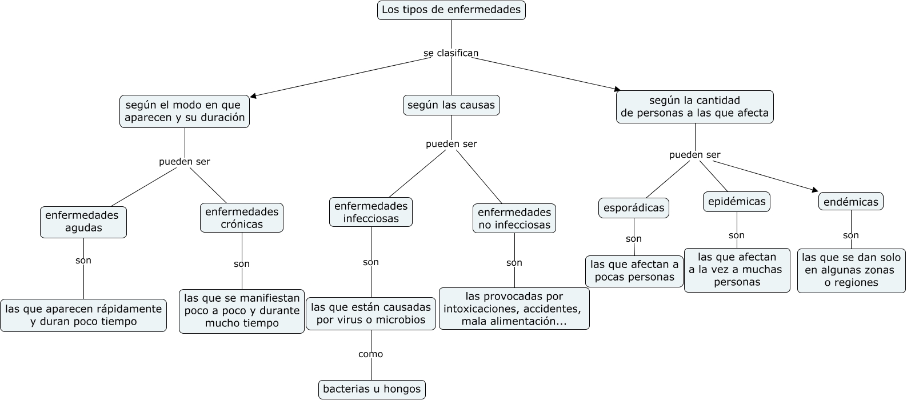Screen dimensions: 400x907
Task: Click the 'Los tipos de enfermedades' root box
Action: pyautogui.click(x=451, y=10)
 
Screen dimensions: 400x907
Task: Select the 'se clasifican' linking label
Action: pyautogui.click(x=451, y=53)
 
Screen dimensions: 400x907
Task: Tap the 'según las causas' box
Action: pyautogui.click(x=451, y=105)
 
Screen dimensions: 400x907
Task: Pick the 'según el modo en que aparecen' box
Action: pyautogui.click(x=185, y=111)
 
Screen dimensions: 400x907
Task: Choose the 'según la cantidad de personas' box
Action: pyautogui.click(x=694, y=107)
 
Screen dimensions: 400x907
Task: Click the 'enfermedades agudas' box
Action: pyautogui.click(x=83, y=222)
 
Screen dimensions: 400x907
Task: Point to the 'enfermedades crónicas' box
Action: pyautogui.click(x=241, y=218)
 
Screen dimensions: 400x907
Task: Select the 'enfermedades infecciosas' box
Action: pyautogui.click(x=371, y=212)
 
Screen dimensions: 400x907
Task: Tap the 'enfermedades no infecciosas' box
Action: pyautogui.click(x=514, y=218)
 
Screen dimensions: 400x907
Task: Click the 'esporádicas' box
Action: pyautogui.click(x=634, y=208)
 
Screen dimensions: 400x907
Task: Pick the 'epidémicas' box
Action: pyautogui.click(x=736, y=202)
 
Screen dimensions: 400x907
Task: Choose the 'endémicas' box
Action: pyautogui.click(x=851, y=202)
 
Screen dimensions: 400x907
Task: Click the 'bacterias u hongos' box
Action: pyautogui.click(x=371, y=389)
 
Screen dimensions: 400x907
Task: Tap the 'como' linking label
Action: pyautogui.click(x=370, y=354)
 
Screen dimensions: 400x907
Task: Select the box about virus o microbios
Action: pyautogui.click(x=371, y=314)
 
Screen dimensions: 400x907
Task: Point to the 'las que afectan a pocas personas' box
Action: pyautogui.click(x=634, y=271)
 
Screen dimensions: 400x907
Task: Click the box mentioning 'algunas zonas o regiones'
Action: pyautogui.click(x=851, y=270)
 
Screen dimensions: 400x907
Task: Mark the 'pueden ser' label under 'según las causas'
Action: pyautogui.click(x=451, y=144)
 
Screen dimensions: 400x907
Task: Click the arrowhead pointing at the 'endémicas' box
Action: pyautogui.click(x=814, y=190)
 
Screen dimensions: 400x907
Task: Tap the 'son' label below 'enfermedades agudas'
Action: pyautogui.click(x=83, y=261)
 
